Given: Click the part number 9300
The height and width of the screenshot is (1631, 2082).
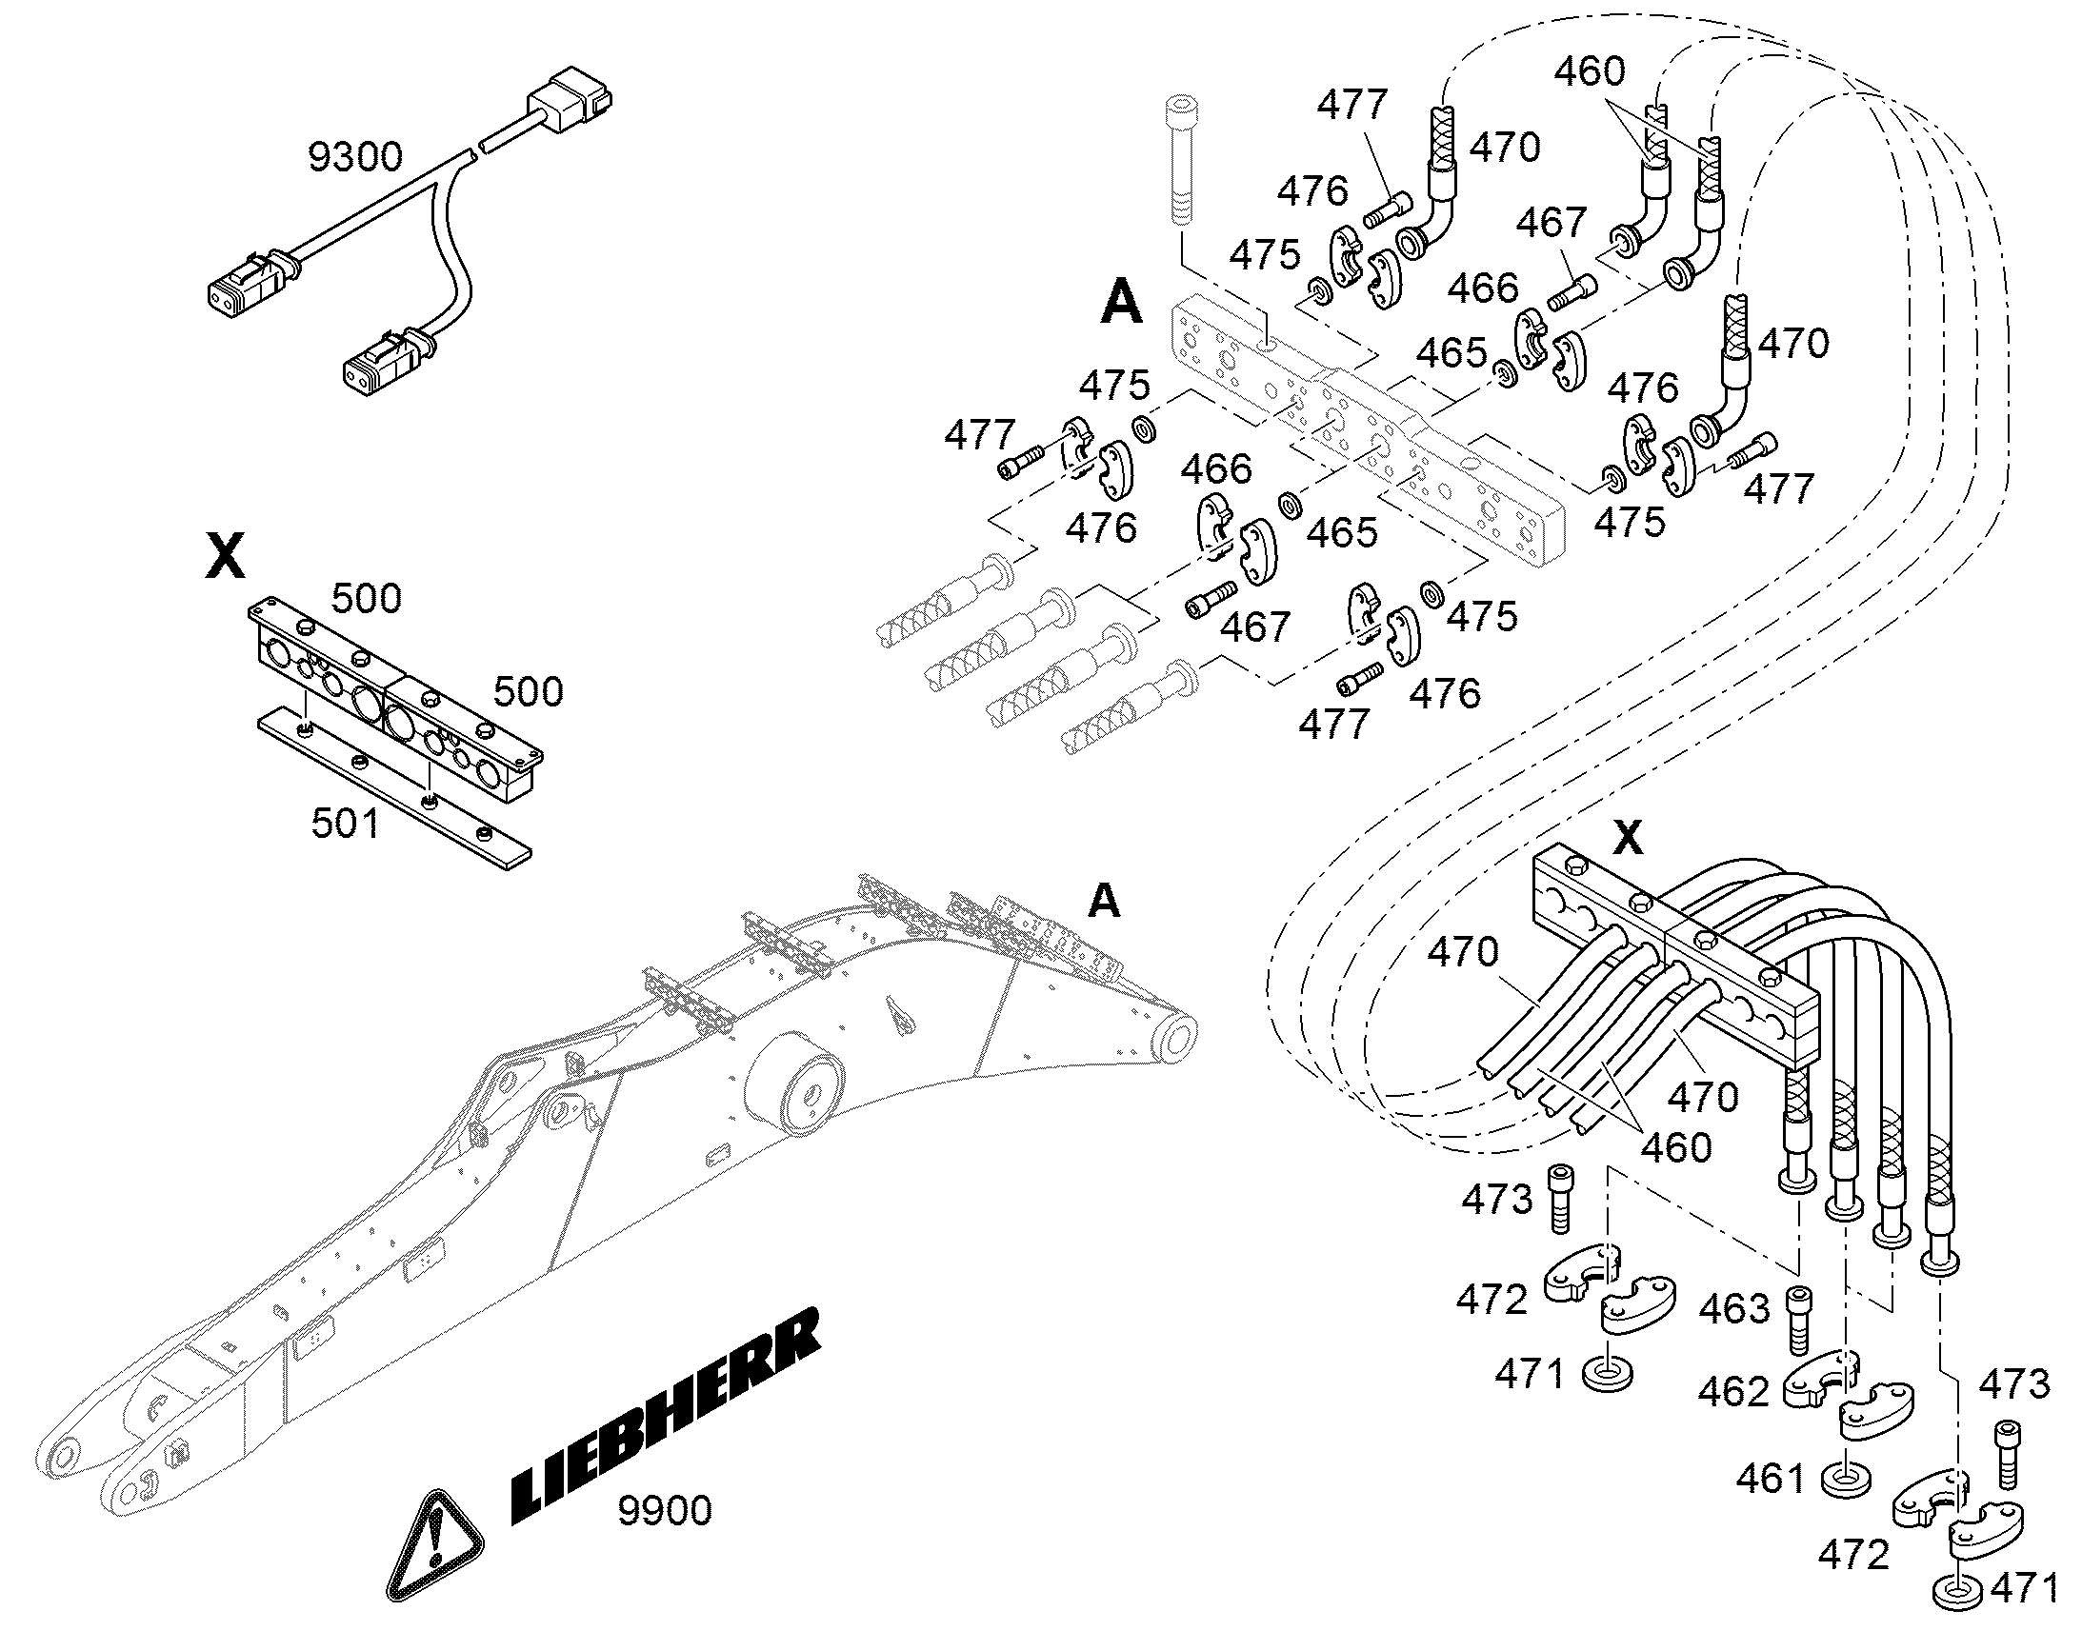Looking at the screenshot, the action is pyautogui.click(x=355, y=156).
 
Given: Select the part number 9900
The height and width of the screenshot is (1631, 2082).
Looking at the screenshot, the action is pyautogui.click(x=665, y=1511).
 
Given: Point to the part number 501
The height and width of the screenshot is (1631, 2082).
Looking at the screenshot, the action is pyautogui.click(x=345, y=823).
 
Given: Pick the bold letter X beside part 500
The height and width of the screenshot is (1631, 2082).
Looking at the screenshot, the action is pyautogui.click(x=226, y=556).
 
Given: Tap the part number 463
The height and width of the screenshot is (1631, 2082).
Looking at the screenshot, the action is pyautogui.click(x=1735, y=1307).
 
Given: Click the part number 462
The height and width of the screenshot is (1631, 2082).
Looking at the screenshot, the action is pyautogui.click(x=1733, y=1391).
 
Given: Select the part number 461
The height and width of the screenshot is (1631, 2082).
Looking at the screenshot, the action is pyautogui.click(x=1772, y=1480).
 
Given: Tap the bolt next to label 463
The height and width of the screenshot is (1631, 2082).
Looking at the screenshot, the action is pyautogui.click(x=1797, y=1321).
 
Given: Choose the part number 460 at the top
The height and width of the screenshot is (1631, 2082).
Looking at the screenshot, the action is pyautogui.click(x=1589, y=71).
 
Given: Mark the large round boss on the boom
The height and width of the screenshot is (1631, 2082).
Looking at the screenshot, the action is pyautogui.click(x=791, y=1083).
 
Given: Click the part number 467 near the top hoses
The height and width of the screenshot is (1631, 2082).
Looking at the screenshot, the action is pyautogui.click(x=1551, y=223).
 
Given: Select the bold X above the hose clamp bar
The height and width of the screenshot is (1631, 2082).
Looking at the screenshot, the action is pyautogui.click(x=1628, y=837).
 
